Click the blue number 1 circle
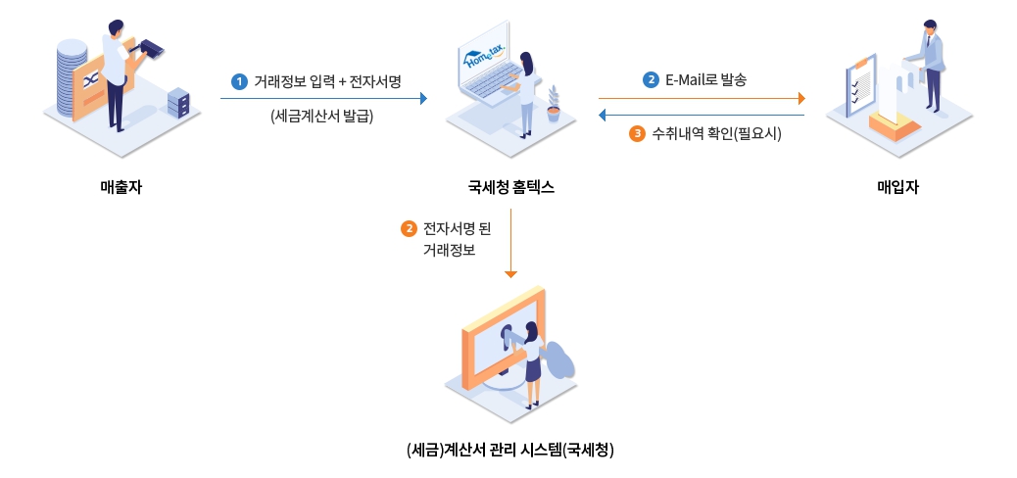[238, 81]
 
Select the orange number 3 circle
[636, 133]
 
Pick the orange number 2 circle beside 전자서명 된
[409, 229]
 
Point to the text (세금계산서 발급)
[322, 116]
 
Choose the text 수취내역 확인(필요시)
[716, 133]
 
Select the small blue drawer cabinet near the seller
[178, 101]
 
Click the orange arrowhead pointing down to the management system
[510, 275]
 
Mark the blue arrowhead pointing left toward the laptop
[603, 116]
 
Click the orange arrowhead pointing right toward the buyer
[800, 98]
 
